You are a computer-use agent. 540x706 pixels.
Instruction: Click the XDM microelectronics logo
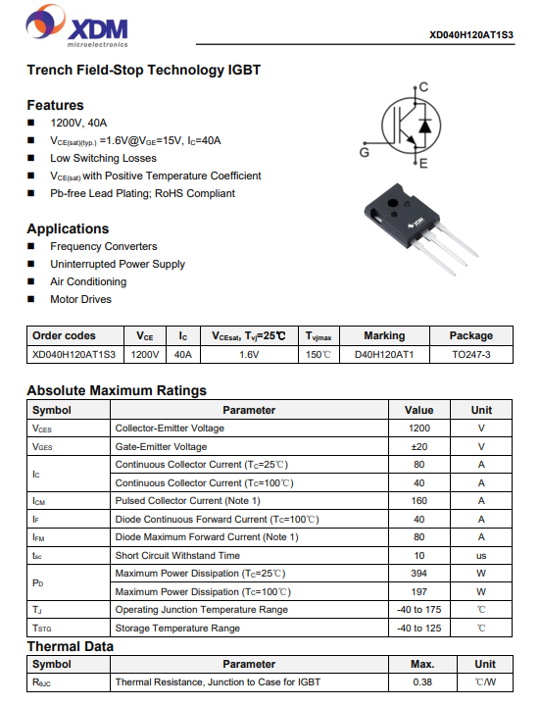click(77, 26)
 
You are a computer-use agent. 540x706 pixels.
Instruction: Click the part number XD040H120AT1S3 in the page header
click(471, 35)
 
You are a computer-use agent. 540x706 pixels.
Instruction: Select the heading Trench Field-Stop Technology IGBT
click(143, 70)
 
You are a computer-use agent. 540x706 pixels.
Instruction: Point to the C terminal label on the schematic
click(423, 87)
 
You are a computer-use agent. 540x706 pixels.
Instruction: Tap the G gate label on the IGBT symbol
click(364, 153)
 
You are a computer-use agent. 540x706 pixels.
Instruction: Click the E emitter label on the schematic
click(423, 164)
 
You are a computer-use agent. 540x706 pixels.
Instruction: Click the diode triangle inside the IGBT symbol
click(424, 126)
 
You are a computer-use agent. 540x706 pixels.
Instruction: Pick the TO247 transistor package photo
click(420, 228)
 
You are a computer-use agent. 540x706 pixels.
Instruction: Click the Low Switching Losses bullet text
click(104, 158)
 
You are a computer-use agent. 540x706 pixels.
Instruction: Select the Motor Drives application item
click(81, 299)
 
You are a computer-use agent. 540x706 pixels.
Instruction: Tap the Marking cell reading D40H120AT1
click(384, 355)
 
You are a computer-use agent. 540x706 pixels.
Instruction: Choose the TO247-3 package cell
click(471, 355)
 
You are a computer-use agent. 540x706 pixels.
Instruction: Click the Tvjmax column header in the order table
click(319, 336)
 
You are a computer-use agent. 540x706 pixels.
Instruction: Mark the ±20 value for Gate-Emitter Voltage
click(418, 447)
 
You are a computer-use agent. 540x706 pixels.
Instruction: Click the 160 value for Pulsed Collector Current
click(418, 501)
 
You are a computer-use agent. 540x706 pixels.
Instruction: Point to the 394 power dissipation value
click(418, 574)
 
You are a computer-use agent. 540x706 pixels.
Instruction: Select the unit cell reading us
click(481, 556)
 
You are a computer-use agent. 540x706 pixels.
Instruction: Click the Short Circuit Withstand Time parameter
click(177, 556)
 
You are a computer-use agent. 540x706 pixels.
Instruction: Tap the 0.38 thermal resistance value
click(422, 682)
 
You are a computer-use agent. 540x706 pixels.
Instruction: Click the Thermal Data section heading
click(71, 646)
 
